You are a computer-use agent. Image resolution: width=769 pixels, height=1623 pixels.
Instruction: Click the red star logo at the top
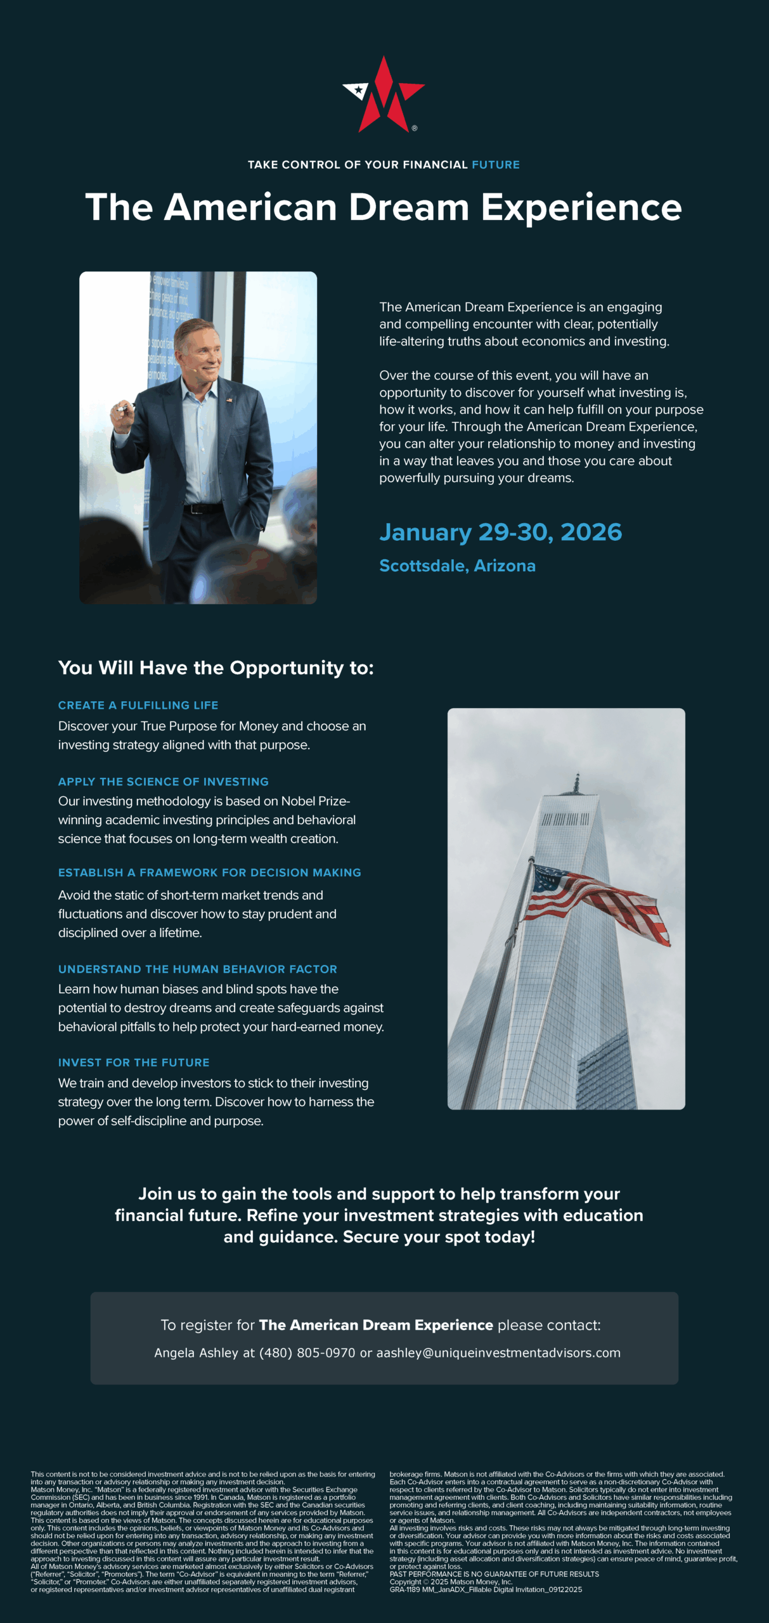[x=384, y=94]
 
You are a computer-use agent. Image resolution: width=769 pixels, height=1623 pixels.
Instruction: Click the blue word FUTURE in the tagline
[x=495, y=165]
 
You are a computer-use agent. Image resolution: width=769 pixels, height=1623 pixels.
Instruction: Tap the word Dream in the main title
[x=409, y=207]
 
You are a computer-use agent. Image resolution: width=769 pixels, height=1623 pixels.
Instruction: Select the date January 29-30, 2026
[x=500, y=533]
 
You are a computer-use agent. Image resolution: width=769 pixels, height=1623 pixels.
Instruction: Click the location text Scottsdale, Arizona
[x=457, y=566]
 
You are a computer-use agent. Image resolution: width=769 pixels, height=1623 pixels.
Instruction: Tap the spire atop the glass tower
[x=576, y=784]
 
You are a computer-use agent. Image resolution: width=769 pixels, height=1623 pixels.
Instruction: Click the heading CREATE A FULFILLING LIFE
[x=138, y=705]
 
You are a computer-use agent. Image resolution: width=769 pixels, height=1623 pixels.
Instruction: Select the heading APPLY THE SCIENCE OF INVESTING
[x=164, y=782]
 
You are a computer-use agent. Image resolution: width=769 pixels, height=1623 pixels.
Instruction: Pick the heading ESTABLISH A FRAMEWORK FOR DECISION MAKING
[x=209, y=872]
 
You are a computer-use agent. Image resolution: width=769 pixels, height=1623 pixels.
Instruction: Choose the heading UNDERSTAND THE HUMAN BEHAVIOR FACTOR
[x=198, y=969]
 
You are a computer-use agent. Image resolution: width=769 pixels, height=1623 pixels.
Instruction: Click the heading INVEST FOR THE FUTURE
[x=134, y=1062]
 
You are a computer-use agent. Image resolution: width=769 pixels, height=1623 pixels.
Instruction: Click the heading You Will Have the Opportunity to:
[x=216, y=668]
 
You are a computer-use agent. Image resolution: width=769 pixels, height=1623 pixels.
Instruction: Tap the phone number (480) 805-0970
[x=307, y=1353]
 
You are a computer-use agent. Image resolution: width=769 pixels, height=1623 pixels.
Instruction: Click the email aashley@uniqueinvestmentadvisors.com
[x=498, y=1353]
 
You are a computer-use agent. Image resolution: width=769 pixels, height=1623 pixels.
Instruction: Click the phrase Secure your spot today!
[x=439, y=1237]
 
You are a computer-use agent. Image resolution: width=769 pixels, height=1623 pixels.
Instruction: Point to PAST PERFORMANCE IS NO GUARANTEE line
[x=494, y=1574]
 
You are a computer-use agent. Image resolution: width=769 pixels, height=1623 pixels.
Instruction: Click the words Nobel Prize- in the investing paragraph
[x=315, y=801]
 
